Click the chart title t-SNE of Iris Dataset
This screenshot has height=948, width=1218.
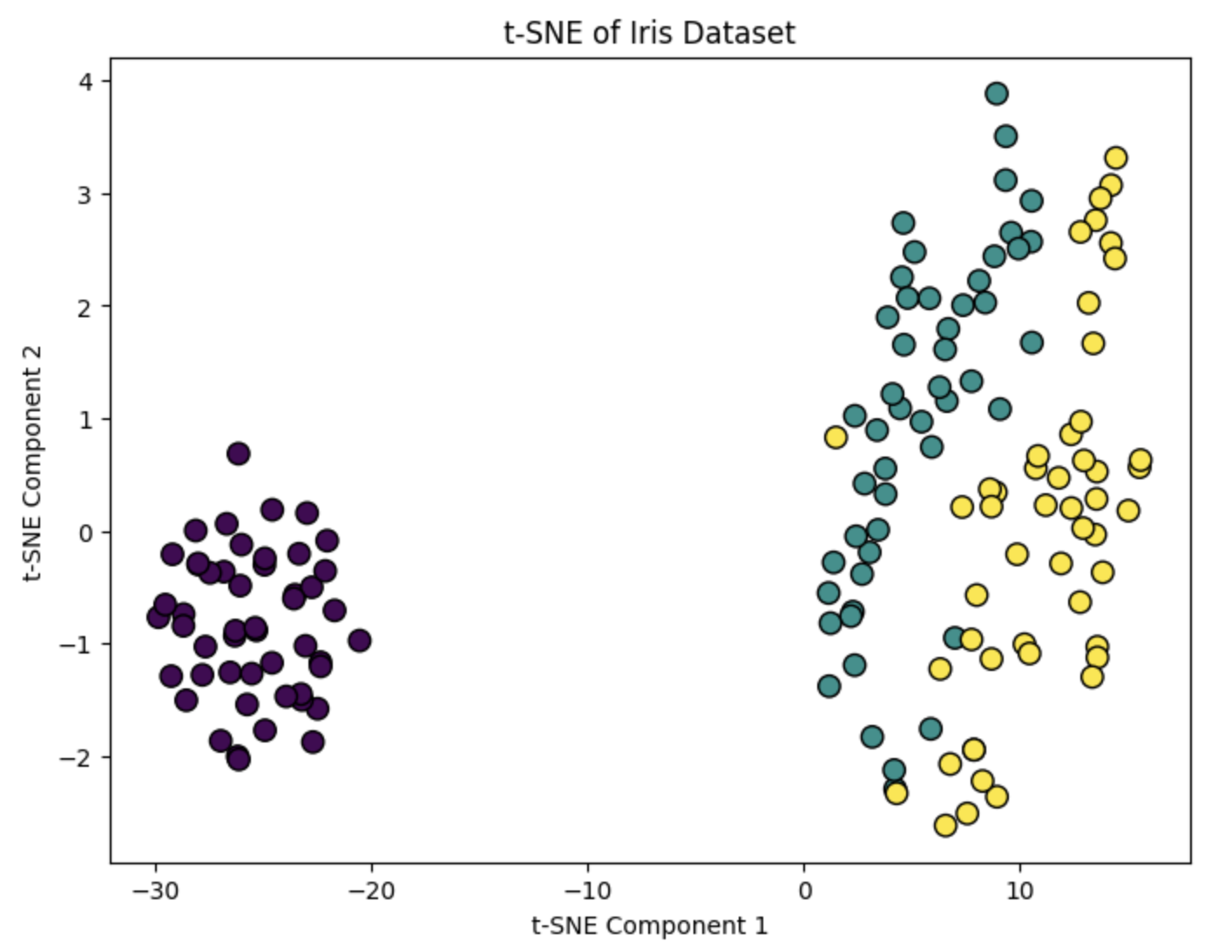click(x=649, y=33)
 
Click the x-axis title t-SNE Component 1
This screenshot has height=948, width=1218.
click(x=649, y=925)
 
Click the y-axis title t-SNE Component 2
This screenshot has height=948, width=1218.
click(x=32, y=462)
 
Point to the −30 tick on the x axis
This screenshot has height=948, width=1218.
click(x=156, y=891)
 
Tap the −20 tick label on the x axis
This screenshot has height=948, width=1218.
click(x=372, y=891)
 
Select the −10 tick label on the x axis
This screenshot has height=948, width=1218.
click(x=587, y=891)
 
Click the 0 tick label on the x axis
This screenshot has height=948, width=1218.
click(x=804, y=891)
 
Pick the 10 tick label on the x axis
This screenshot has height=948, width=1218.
click(x=1019, y=891)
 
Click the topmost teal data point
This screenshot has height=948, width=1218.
click(x=997, y=93)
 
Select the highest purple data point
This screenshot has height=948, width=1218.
click(x=238, y=453)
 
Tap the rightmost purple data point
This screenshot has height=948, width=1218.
click(x=359, y=640)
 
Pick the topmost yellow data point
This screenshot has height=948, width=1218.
click(x=1115, y=158)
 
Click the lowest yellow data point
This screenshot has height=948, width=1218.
click(x=945, y=825)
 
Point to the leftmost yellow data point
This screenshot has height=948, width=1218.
click(x=836, y=437)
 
